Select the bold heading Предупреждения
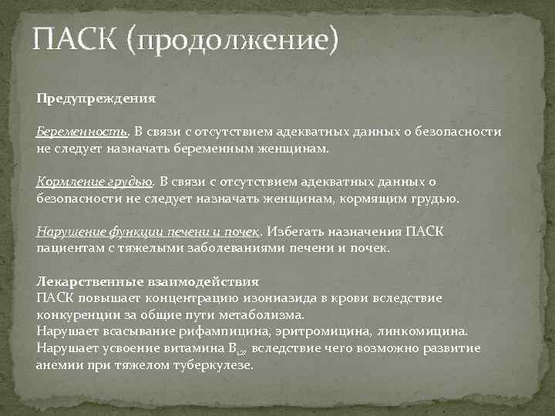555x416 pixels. tap(96, 99)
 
